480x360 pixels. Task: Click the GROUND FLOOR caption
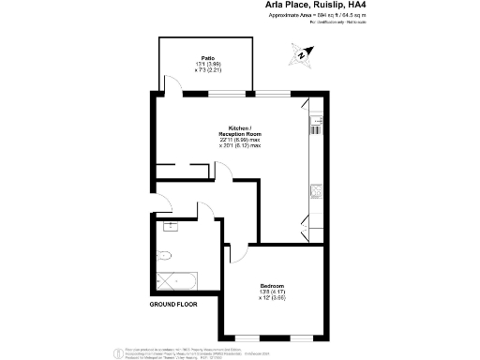coord(176,305)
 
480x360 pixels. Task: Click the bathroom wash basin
coord(172,227)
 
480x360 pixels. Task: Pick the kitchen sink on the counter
coord(315,191)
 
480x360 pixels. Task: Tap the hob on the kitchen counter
coord(316,123)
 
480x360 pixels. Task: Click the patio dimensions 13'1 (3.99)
coord(207,64)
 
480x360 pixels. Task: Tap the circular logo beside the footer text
coord(118,352)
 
